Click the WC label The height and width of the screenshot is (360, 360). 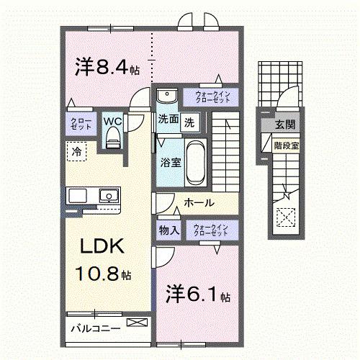(113, 121)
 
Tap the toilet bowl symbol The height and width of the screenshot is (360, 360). (113, 141)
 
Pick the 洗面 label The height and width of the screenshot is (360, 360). (169, 121)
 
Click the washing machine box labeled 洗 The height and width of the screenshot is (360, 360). (189, 122)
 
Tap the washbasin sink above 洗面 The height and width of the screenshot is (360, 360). (168, 96)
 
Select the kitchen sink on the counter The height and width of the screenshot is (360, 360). (108, 194)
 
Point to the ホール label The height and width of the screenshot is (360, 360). (198, 204)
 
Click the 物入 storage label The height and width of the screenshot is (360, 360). (168, 230)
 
